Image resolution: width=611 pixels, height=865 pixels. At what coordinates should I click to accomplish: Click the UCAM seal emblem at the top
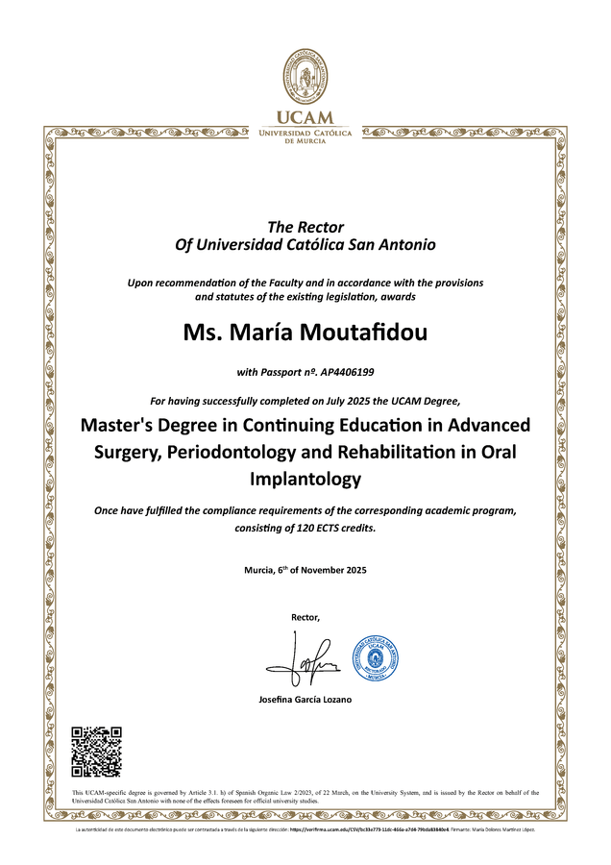click(x=305, y=76)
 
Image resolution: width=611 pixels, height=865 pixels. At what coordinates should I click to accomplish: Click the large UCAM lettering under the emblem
click(x=305, y=118)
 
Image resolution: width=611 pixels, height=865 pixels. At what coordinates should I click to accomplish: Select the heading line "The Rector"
click(x=305, y=227)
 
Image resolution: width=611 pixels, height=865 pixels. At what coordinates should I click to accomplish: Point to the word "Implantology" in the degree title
click(x=305, y=478)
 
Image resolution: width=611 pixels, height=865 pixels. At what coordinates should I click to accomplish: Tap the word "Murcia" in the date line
click(x=261, y=571)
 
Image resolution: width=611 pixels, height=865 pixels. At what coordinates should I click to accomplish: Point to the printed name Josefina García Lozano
click(x=305, y=699)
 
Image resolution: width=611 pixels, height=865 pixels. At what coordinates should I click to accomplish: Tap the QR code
click(x=97, y=752)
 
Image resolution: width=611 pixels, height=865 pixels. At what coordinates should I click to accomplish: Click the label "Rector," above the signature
click(x=305, y=616)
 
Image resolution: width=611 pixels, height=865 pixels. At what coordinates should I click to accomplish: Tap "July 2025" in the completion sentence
click(x=330, y=400)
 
